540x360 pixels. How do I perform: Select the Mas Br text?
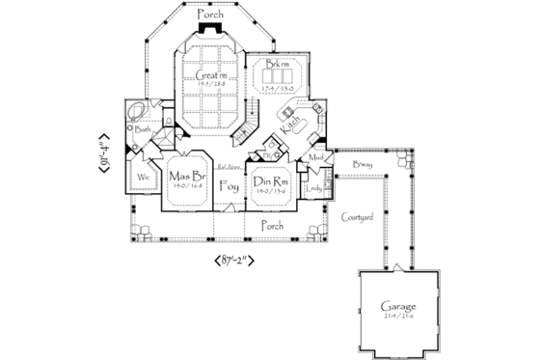pos(184,177)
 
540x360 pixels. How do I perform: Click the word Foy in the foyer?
pos(229,186)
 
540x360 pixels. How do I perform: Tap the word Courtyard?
pos(358,218)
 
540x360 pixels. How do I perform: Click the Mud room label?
pos(316,156)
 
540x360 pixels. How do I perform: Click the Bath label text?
pos(142,128)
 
